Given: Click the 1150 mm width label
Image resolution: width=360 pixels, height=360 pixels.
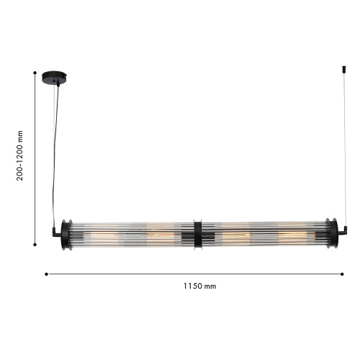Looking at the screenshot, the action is click(x=199, y=286).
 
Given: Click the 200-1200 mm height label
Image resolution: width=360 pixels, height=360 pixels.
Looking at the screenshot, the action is click(x=19, y=156).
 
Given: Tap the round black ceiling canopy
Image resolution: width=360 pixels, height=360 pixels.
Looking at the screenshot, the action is click(x=54, y=77).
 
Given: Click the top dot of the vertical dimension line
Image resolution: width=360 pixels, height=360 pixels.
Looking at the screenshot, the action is click(x=35, y=73).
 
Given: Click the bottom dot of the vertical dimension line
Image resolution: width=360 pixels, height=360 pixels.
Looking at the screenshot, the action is click(x=35, y=245).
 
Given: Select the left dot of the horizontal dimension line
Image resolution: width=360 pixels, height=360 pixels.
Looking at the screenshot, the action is click(x=46, y=274).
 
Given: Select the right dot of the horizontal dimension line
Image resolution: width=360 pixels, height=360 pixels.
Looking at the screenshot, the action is click(x=342, y=274).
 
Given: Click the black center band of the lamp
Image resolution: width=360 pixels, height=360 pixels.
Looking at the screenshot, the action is click(x=198, y=235).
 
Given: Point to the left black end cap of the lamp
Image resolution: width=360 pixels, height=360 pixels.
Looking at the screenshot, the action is click(x=65, y=235).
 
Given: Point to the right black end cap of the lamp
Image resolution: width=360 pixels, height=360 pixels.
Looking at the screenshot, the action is click(x=333, y=234).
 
